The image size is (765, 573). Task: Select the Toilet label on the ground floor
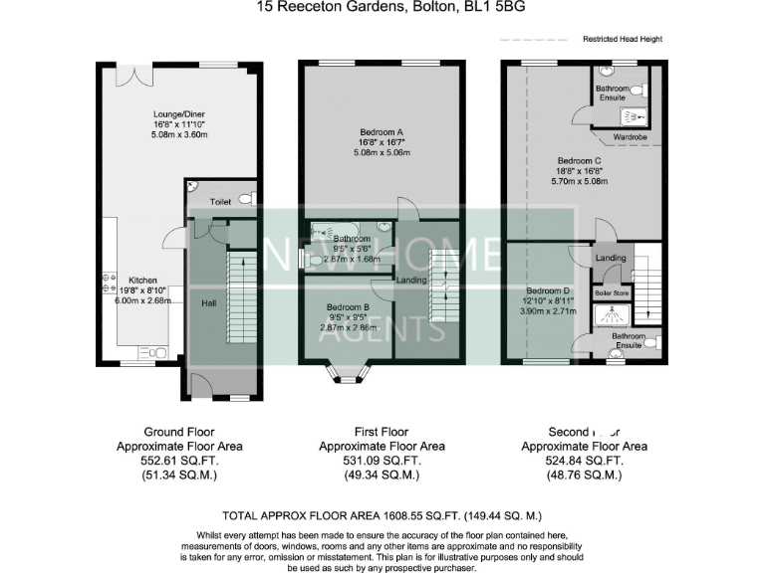pyautogui.click(x=220, y=201)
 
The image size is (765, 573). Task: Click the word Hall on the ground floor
pyautogui.click(x=209, y=302)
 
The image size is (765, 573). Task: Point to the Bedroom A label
pyautogui.click(x=380, y=131)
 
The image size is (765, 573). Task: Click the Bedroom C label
pyautogui.click(x=579, y=161)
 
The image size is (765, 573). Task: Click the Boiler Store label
pyautogui.click(x=613, y=292)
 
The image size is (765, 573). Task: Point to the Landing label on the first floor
pyautogui.click(x=411, y=281)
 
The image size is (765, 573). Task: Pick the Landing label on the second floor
pyautogui.click(x=611, y=259)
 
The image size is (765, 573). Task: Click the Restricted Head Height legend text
pyautogui.click(x=623, y=39)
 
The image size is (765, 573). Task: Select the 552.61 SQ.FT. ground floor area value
pyautogui.click(x=179, y=462)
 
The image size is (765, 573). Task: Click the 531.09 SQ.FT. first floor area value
pyautogui.click(x=382, y=462)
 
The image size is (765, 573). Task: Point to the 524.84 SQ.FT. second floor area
pyautogui.click(x=585, y=462)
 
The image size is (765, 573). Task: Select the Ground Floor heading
pyautogui.click(x=179, y=433)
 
